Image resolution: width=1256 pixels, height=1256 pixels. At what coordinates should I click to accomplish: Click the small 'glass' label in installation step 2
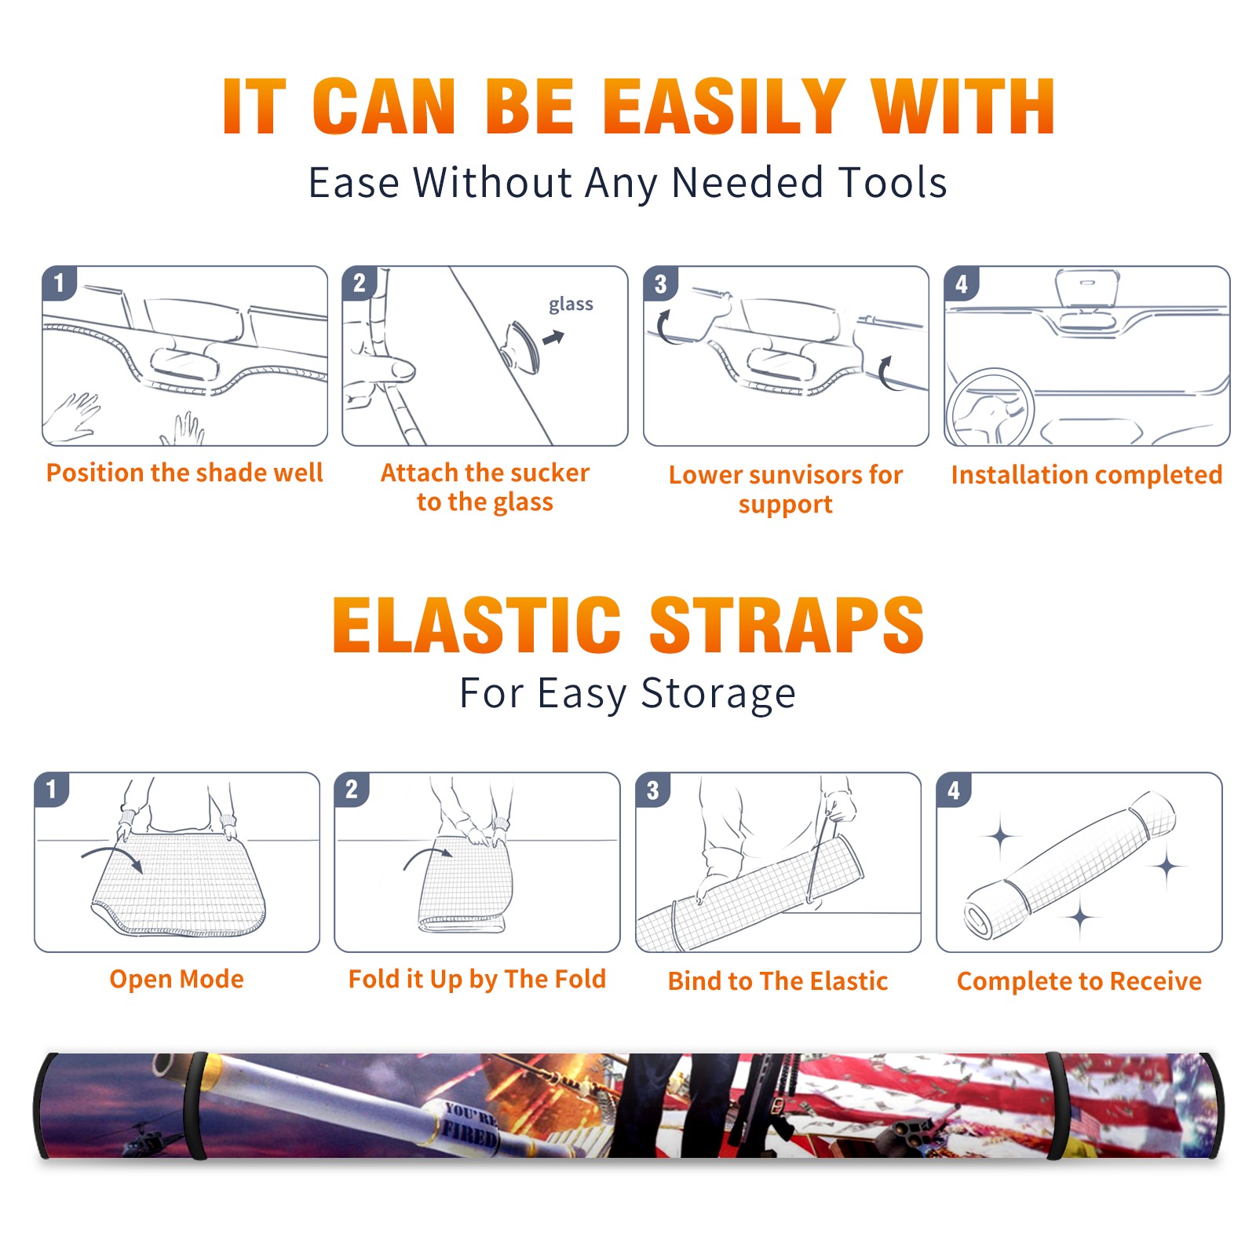point(571,305)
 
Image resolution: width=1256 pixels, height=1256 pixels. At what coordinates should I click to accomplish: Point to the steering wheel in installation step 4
point(989,407)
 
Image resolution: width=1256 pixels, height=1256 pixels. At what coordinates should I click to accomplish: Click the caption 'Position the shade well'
point(184,473)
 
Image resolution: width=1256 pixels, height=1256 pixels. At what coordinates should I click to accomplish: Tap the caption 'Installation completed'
point(1086,475)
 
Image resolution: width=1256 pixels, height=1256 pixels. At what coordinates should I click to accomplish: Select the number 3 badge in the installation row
point(660,283)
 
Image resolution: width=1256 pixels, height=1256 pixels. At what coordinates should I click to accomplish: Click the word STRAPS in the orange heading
point(787,625)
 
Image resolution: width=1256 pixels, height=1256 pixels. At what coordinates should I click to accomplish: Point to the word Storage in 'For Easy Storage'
point(717,694)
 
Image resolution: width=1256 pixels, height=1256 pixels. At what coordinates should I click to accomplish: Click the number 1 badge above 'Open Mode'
point(52,789)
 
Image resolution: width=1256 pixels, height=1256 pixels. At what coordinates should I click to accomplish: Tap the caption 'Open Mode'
point(177,979)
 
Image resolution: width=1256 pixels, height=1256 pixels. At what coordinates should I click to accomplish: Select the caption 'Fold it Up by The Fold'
point(477,979)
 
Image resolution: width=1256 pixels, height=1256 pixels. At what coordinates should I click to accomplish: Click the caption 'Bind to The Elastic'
point(778,981)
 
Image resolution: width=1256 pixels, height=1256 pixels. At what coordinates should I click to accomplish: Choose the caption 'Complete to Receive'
point(1079,981)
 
